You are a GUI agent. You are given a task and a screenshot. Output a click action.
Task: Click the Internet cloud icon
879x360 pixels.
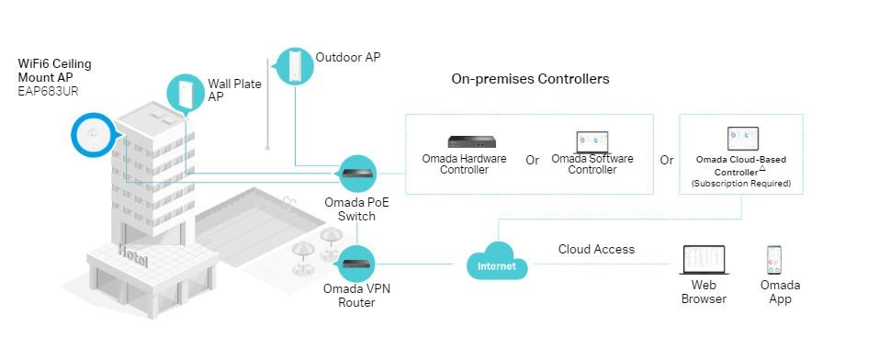pyautogui.click(x=497, y=264)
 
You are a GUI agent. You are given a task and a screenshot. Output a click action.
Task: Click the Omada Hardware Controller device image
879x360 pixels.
pyautogui.click(x=471, y=141)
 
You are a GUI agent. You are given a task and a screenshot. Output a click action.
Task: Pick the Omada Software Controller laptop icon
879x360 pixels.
pyautogui.click(x=592, y=141)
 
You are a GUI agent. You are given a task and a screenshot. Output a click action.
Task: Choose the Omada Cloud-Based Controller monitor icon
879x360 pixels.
pyautogui.click(x=742, y=139)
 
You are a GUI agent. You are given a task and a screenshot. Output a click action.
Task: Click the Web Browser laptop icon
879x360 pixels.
pyautogui.click(x=704, y=261)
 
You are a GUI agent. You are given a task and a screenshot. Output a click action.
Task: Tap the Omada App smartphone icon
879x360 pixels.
pyautogui.click(x=774, y=260)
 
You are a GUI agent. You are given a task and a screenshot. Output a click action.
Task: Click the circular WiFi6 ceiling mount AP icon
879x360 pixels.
pyautogui.click(x=94, y=136)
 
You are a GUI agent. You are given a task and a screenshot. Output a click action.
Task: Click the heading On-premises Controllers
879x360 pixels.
pyautogui.click(x=530, y=79)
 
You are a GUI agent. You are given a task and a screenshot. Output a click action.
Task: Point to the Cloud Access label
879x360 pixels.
pyautogui.click(x=596, y=249)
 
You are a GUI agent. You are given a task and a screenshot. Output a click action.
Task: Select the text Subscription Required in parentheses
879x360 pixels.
pyautogui.click(x=741, y=185)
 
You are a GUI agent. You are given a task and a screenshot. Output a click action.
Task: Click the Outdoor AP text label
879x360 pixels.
pyautogui.click(x=347, y=57)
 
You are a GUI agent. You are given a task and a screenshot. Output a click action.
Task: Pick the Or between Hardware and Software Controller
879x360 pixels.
pyautogui.click(x=532, y=160)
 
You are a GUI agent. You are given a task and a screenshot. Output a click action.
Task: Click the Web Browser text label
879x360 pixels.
pyautogui.click(x=704, y=292)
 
